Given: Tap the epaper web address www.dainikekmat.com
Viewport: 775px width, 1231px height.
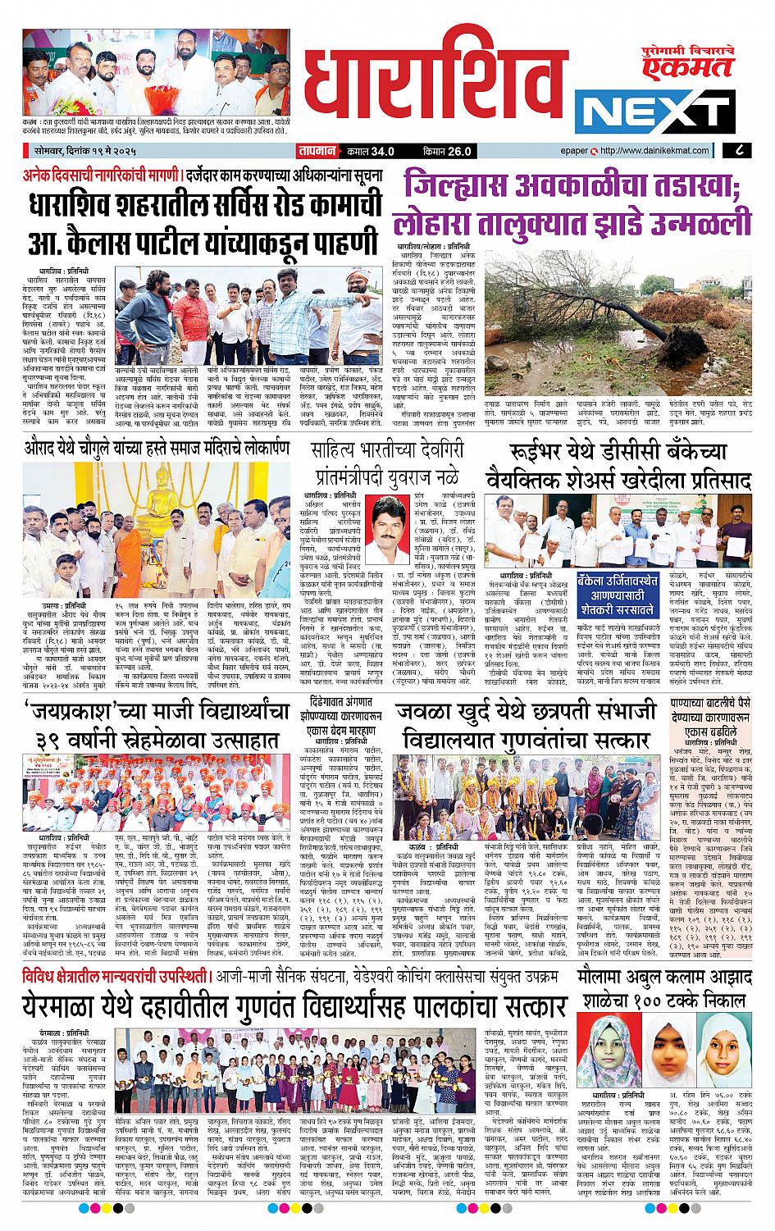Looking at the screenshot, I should pos(655,151).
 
